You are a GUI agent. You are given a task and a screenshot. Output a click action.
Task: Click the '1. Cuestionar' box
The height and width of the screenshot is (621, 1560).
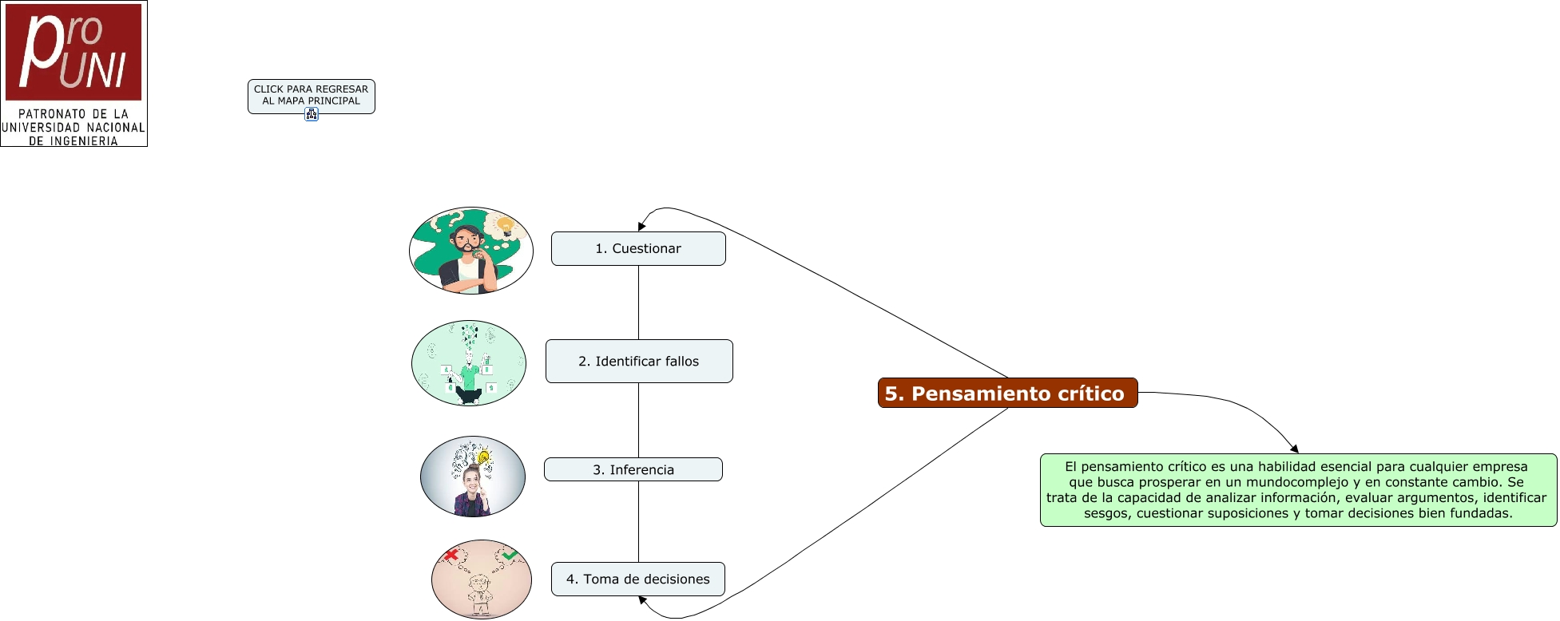click(x=638, y=248)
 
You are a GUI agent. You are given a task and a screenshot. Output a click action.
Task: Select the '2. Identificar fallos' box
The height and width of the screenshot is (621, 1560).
click(x=639, y=361)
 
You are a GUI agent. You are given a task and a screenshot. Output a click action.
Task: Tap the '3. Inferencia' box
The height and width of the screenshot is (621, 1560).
click(x=633, y=469)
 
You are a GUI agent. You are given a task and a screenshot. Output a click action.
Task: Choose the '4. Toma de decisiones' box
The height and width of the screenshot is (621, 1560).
click(x=638, y=579)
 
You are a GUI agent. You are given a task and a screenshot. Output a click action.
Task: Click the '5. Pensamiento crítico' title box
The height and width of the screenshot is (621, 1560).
click(x=1007, y=393)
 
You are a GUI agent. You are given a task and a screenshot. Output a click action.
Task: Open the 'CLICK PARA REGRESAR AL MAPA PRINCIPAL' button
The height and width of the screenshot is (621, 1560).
click(x=311, y=95)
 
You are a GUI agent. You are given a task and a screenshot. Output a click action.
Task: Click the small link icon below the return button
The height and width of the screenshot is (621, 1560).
click(x=312, y=115)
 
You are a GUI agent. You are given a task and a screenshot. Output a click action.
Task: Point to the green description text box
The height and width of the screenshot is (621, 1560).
click(x=1298, y=489)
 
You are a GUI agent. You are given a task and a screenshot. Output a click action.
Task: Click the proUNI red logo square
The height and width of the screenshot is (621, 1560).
click(x=73, y=51)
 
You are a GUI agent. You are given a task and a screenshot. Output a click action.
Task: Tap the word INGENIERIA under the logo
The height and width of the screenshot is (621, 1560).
click(x=83, y=141)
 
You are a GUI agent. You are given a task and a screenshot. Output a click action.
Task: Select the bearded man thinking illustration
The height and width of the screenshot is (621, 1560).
click(x=470, y=251)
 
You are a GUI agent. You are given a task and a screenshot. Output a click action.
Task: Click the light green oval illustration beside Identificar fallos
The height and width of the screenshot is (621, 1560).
click(x=469, y=363)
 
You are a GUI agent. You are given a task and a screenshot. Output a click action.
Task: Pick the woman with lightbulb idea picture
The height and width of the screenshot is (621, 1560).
click(x=473, y=477)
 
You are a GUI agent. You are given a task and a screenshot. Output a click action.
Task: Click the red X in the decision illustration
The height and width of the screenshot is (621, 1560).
click(x=451, y=554)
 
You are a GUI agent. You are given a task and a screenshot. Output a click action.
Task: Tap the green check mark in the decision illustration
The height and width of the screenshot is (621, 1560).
click(x=510, y=554)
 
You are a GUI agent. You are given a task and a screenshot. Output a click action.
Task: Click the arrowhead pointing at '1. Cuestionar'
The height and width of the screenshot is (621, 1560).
click(x=641, y=226)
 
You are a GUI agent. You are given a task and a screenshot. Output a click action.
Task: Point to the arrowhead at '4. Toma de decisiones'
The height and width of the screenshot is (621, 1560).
click(x=642, y=600)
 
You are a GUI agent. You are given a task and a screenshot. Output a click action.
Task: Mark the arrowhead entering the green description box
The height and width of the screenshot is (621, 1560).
click(x=1294, y=449)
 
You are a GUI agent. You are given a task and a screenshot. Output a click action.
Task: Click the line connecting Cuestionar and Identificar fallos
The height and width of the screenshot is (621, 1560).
click(x=638, y=302)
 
